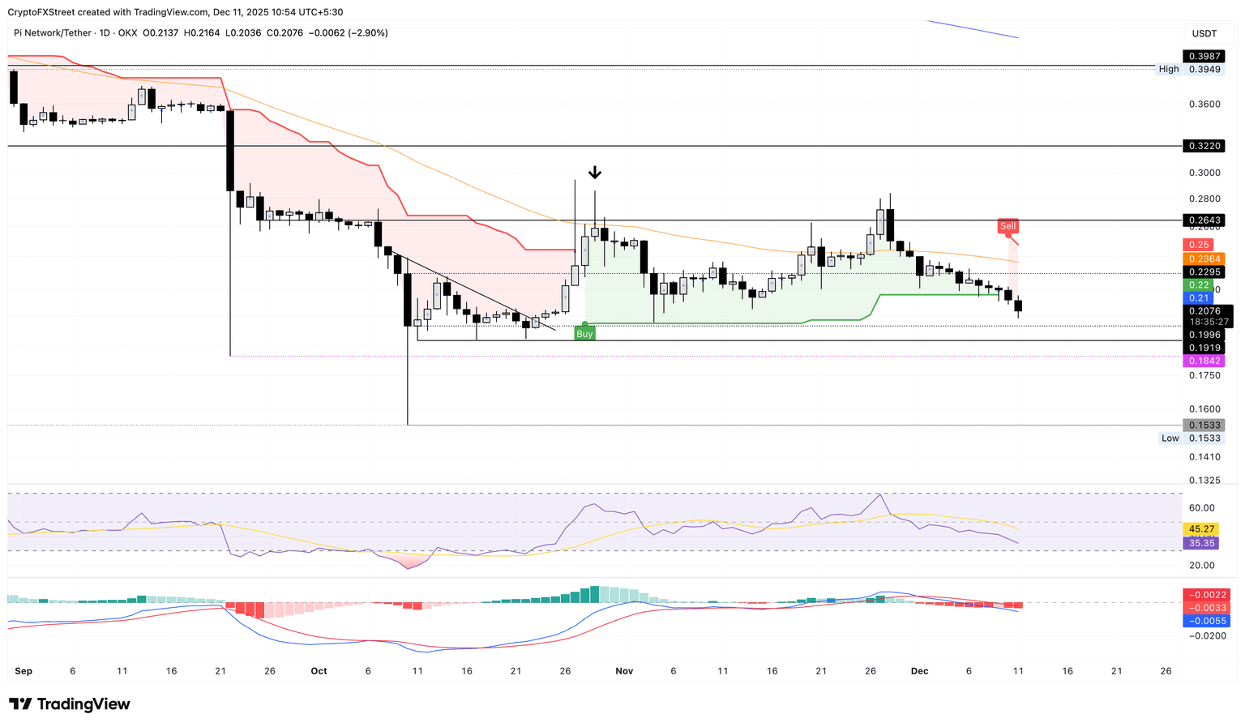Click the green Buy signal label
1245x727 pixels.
click(x=584, y=334)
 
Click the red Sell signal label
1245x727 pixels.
click(x=1008, y=226)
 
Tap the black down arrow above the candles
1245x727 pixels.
click(x=595, y=173)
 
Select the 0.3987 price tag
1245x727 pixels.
click(x=1204, y=56)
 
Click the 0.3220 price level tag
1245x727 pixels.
click(x=1204, y=147)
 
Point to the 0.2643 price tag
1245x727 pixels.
click(x=1204, y=220)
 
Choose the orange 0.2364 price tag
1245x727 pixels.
click(x=1204, y=259)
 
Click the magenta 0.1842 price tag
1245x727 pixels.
click(x=1204, y=361)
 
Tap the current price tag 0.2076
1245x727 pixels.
click(x=1207, y=311)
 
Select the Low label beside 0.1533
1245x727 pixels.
click(x=1170, y=438)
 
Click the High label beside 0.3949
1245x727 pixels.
click(x=1169, y=70)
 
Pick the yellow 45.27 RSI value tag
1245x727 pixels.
click(x=1201, y=529)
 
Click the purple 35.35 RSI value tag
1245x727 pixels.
click(x=1201, y=543)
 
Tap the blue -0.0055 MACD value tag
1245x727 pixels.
click(x=1206, y=621)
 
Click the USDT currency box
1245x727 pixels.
click(x=1204, y=33)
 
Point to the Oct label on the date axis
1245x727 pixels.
click(x=319, y=671)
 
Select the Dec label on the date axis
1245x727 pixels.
click(x=919, y=671)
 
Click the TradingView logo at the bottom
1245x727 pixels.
click(x=70, y=704)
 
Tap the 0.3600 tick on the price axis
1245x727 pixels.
click(x=1204, y=105)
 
